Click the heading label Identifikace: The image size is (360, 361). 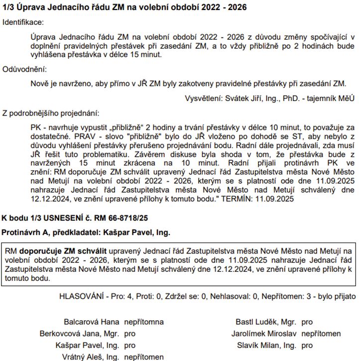[x=23, y=22]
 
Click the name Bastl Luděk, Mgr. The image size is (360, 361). [x=266, y=322]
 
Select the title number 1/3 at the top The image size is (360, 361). [x=8, y=7]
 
